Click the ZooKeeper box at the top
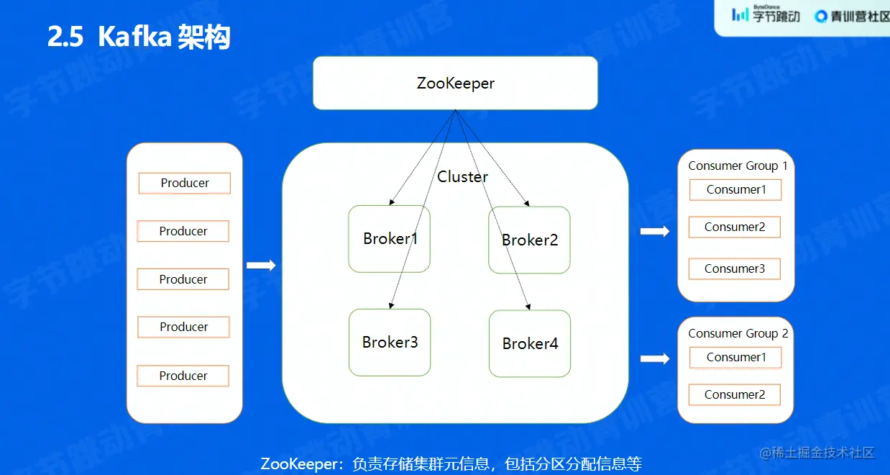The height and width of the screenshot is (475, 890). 455,83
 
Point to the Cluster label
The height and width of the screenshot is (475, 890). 463,177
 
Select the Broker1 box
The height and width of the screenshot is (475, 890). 390,239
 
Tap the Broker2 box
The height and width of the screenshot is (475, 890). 529,240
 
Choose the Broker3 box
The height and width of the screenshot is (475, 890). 390,343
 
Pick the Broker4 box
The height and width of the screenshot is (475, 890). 530,344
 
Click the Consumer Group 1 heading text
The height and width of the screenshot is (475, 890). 738,166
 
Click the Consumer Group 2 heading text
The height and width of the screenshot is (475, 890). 738,333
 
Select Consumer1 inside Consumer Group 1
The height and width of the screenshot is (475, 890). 735,190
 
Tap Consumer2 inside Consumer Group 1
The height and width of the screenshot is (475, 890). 735,227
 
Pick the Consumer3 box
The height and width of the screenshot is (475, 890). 735,269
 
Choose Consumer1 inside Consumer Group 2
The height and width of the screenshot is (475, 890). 735,358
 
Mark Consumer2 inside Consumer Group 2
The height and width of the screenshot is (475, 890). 735,394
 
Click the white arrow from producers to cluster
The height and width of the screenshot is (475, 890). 261,266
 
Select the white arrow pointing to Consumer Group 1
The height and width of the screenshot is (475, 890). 654,231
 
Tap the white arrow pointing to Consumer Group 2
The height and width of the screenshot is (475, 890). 654,358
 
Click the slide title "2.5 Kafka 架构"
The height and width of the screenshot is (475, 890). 139,37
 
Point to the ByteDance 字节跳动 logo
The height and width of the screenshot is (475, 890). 766,14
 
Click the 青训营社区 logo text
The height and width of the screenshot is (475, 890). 853,16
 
